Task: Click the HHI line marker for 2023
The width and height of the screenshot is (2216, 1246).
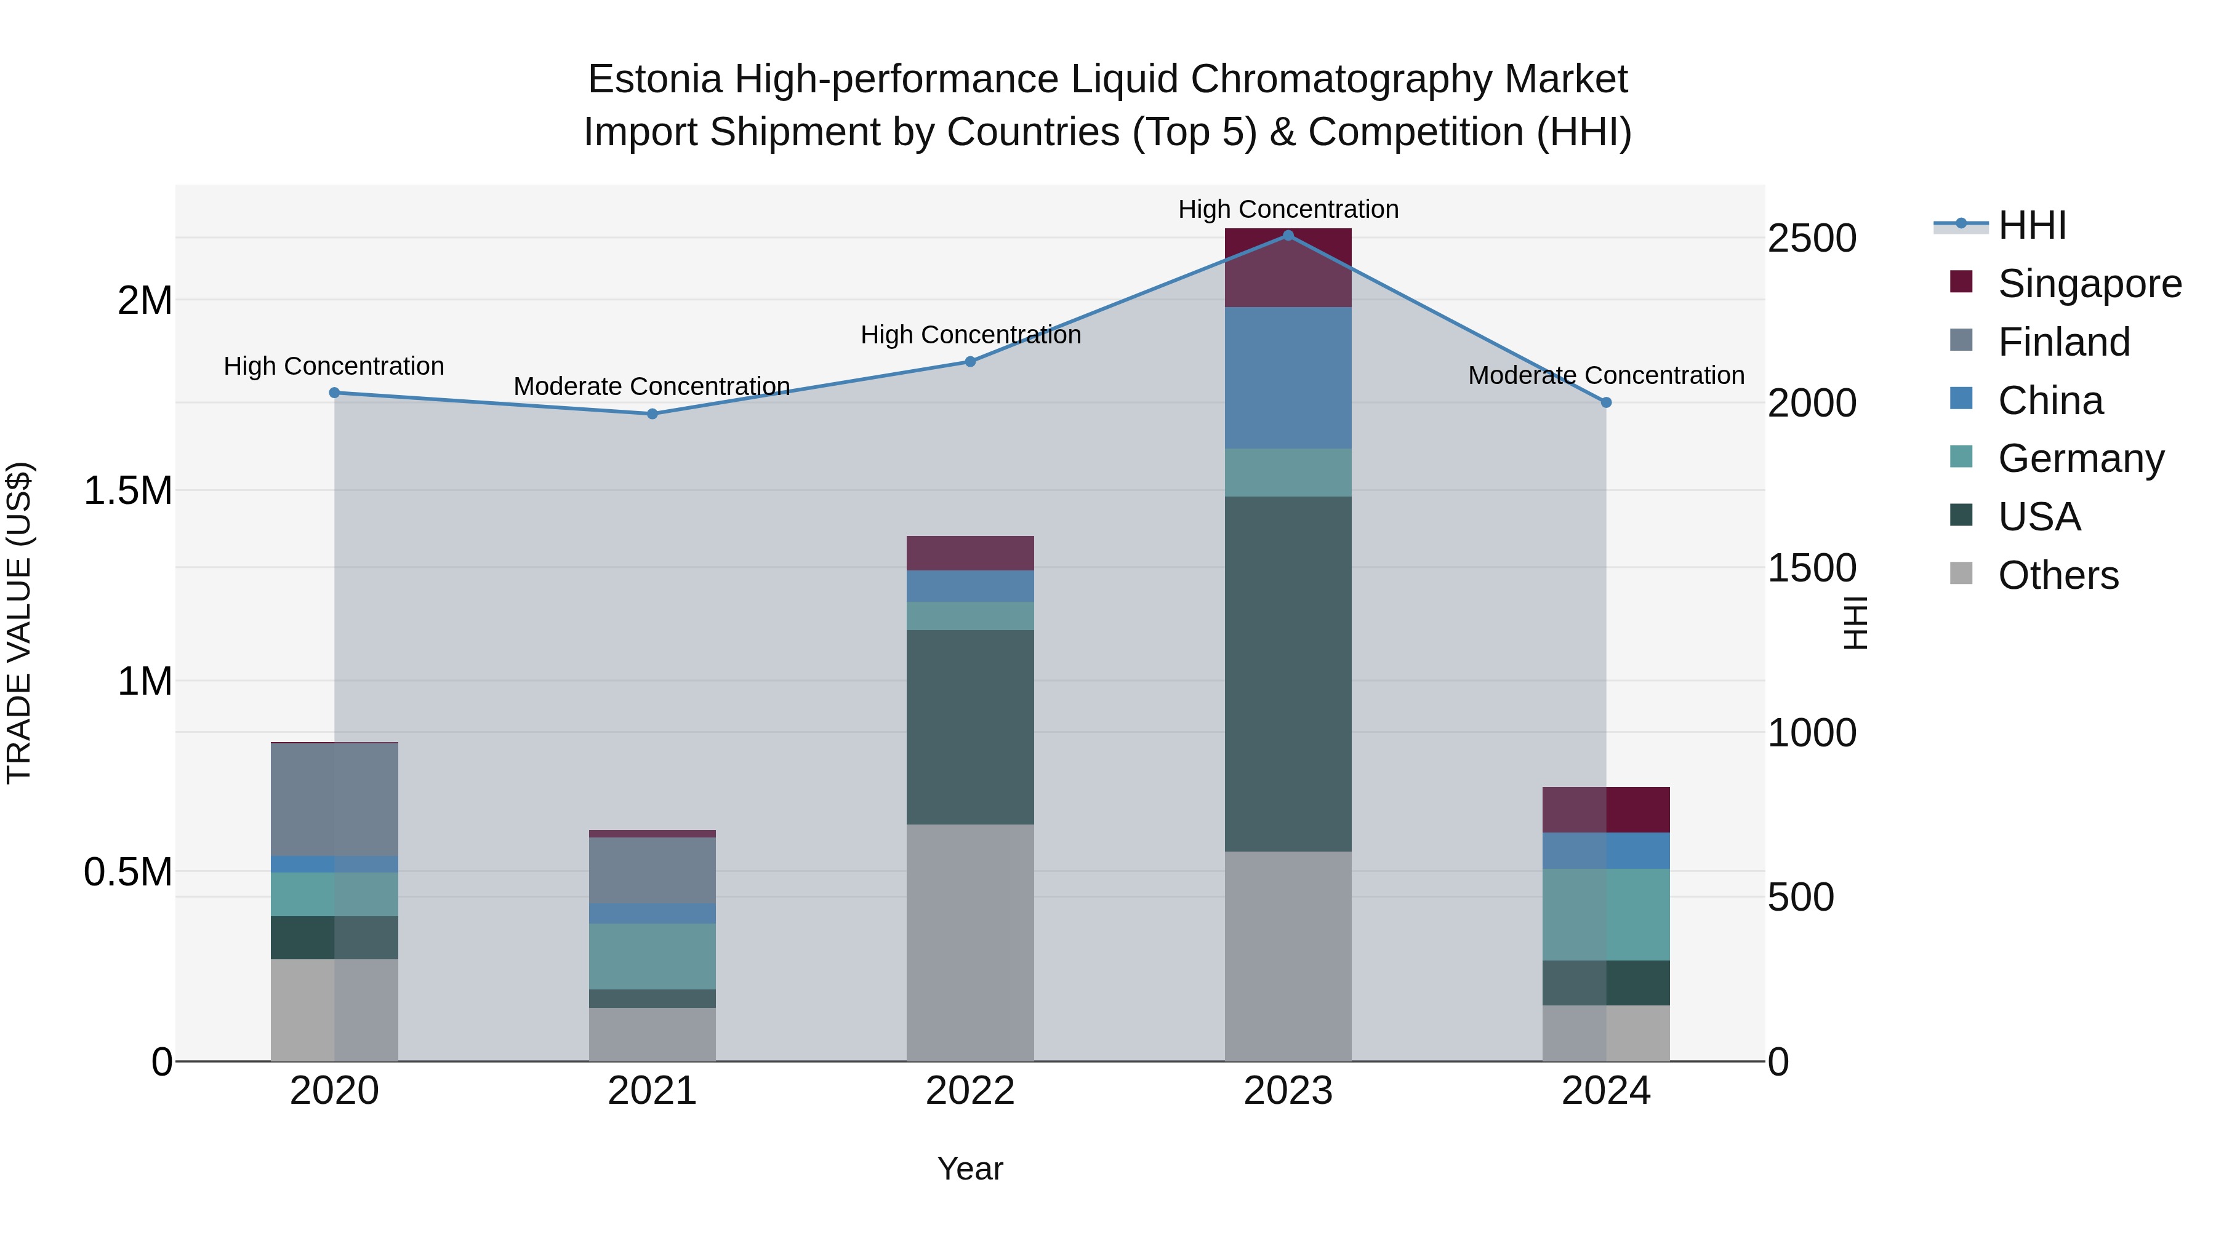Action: pyautogui.click(x=1288, y=236)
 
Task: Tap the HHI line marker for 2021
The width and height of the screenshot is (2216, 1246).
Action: pyautogui.click(x=652, y=413)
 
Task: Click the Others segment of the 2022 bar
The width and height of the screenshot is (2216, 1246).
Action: pyautogui.click(x=969, y=943)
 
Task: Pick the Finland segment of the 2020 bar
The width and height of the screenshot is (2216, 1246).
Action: pyautogui.click(x=335, y=799)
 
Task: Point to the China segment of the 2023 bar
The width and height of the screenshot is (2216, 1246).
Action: pyautogui.click(x=1288, y=378)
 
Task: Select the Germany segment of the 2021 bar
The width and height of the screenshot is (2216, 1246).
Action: pyautogui.click(x=652, y=956)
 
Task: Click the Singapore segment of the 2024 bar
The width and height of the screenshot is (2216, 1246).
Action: pyautogui.click(x=1605, y=809)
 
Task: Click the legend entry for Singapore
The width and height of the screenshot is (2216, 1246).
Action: pyautogui.click(x=2089, y=284)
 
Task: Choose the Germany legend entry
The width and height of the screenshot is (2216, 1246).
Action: pyautogui.click(x=2080, y=458)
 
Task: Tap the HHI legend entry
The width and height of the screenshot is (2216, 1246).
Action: pyautogui.click(x=2031, y=225)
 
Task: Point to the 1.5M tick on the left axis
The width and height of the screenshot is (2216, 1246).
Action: pyautogui.click(x=128, y=491)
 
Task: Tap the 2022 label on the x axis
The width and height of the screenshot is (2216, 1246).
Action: pyautogui.click(x=969, y=1091)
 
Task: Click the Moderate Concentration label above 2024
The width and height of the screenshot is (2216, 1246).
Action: pyautogui.click(x=1605, y=376)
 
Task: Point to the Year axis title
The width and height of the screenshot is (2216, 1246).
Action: pyautogui.click(x=969, y=1168)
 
